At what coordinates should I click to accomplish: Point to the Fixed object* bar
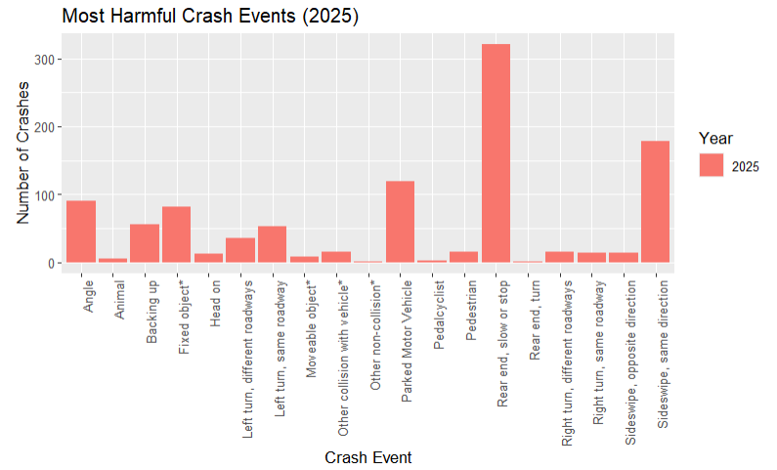(x=177, y=235)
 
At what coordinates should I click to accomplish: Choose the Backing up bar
(x=145, y=243)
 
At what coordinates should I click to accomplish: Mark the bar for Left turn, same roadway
(x=273, y=244)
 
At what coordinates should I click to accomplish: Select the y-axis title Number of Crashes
(x=23, y=151)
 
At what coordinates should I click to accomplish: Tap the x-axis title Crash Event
(x=367, y=457)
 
